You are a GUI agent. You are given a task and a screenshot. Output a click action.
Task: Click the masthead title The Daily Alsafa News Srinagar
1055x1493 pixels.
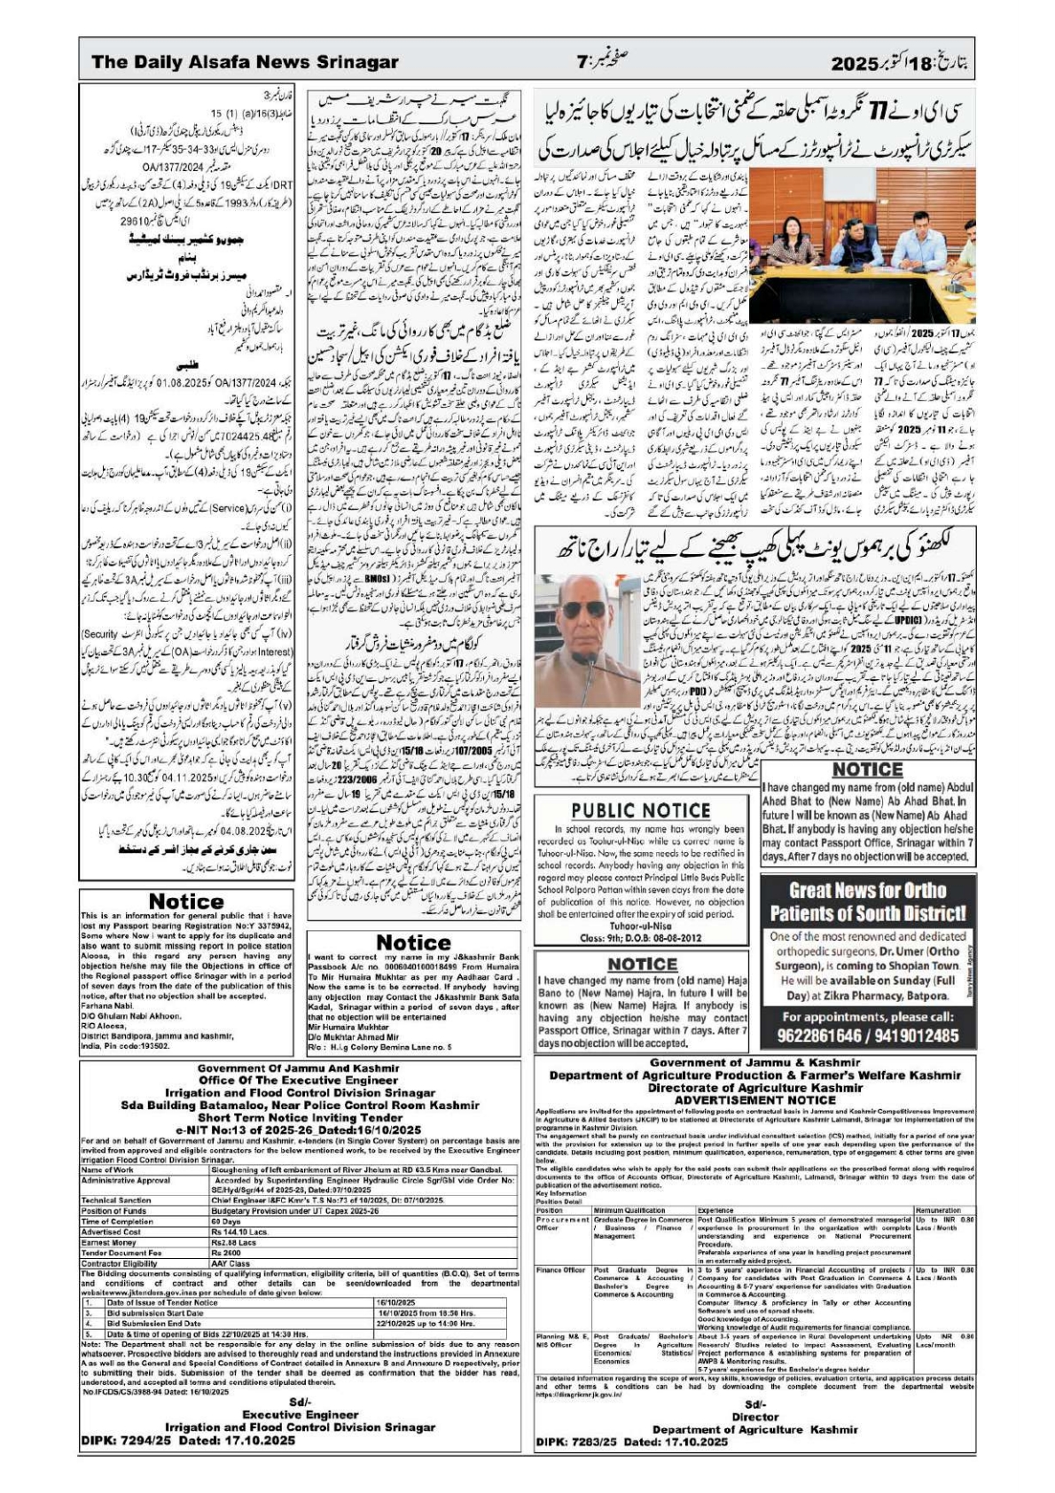coord(245,62)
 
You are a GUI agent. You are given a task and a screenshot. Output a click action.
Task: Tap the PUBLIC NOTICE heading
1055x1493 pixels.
coord(640,810)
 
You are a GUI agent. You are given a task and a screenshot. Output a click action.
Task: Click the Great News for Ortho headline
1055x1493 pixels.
coord(866,902)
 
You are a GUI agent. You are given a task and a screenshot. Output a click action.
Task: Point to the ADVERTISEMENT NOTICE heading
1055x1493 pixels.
coord(754,1099)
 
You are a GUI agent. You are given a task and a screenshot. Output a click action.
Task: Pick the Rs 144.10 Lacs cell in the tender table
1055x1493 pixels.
coord(239,1231)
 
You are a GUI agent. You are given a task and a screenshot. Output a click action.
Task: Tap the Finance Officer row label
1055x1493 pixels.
coord(560,1270)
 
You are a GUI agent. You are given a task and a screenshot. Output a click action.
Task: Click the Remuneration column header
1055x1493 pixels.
coord(937,1210)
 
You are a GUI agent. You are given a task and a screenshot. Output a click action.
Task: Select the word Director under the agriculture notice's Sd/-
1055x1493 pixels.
coord(754,1417)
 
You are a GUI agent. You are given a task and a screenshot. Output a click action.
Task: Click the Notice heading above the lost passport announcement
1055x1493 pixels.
coord(185,901)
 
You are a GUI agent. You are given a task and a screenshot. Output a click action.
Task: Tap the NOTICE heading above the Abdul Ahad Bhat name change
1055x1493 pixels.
coord(867,770)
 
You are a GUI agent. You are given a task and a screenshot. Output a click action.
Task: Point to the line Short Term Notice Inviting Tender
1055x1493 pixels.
coord(300,1118)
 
